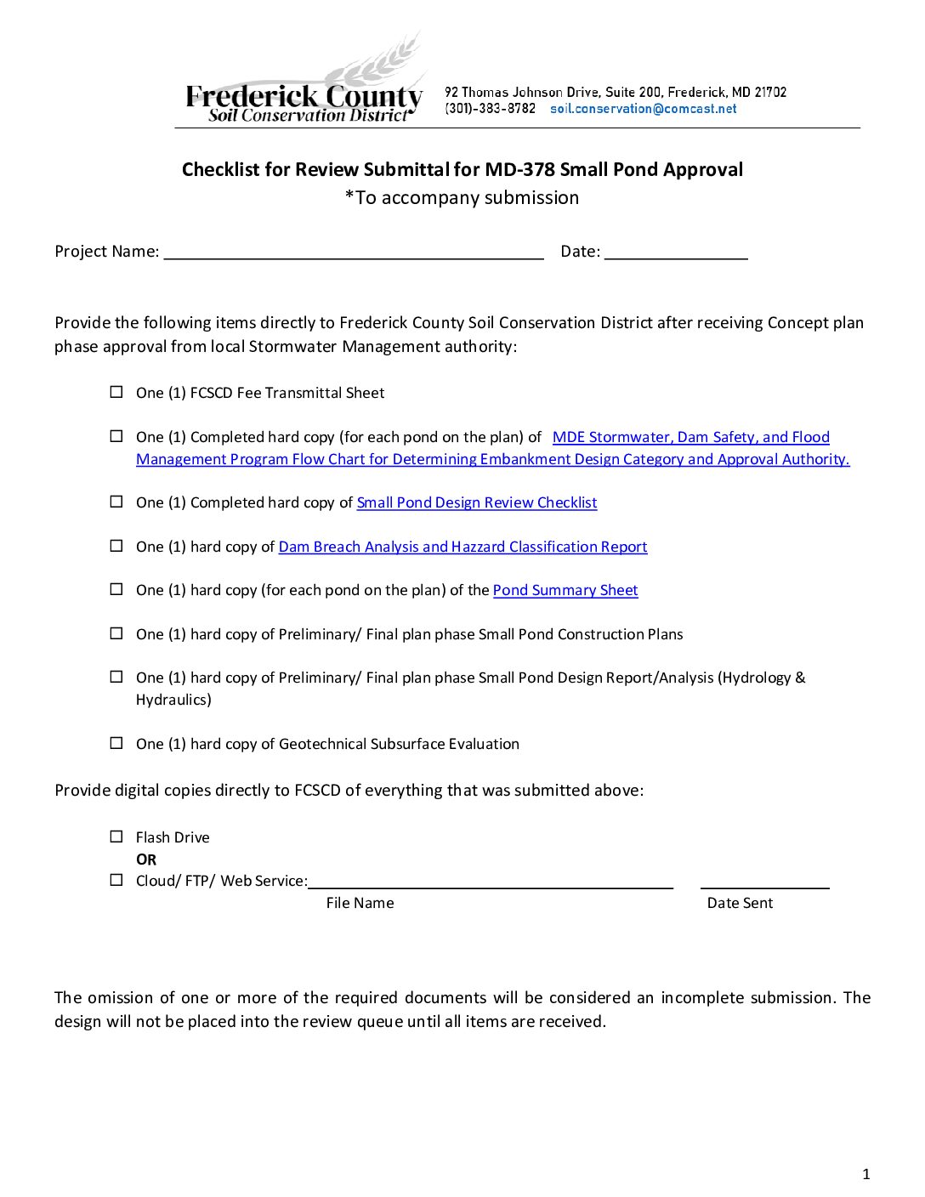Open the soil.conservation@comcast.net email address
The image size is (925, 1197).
(x=643, y=109)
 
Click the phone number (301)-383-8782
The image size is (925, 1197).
(x=491, y=109)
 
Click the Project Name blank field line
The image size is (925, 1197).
(x=354, y=252)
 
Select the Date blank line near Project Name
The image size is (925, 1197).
(x=676, y=252)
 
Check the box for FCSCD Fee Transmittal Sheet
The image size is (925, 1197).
(x=116, y=392)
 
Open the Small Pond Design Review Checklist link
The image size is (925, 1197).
(x=476, y=502)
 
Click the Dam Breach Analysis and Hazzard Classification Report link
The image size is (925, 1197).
(x=462, y=547)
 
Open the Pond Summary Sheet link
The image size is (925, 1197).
(x=565, y=590)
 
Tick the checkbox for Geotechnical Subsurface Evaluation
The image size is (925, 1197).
(x=116, y=743)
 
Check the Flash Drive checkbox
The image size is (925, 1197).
(x=116, y=837)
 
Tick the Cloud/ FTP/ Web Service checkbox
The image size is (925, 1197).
(x=116, y=880)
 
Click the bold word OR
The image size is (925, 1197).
(x=146, y=859)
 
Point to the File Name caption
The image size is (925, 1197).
(x=360, y=903)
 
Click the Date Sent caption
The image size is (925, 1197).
(x=740, y=903)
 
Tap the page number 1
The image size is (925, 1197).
(x=866, y=1175)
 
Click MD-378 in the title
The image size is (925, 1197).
(x=519, y=169)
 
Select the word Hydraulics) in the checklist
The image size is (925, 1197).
(x=173, y=700)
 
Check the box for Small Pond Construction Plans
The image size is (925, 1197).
(x=116, y=633)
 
